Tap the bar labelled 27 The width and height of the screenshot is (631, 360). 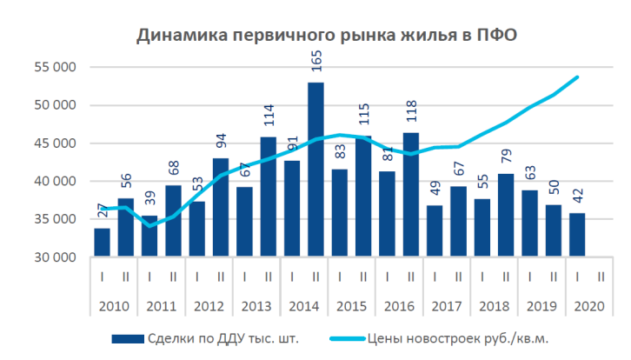tap(103, 243)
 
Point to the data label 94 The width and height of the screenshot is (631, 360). tap(222, 142)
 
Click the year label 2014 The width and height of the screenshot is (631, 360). tap(304, 307)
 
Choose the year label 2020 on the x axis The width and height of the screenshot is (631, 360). tap(589, 307)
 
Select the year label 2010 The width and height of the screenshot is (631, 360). tap(114, 307)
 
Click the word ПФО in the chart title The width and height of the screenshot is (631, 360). tap(496, 36)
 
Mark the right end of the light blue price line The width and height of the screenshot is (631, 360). tap(578, 77)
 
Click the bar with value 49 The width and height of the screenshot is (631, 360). tap(435, 231)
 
